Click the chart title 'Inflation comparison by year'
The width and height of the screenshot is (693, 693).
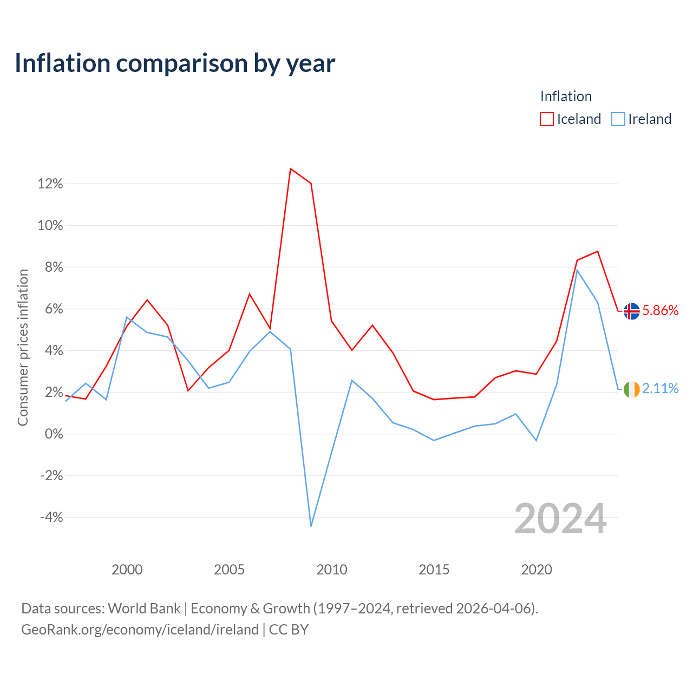pyautogui.click(x=175, y=63)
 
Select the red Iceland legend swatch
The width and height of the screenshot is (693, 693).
pyautogui.click(x=546, y=119)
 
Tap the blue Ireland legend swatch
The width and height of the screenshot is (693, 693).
pyautogui.click(x=618, y=119)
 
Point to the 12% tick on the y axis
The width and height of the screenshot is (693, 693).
pyautogui.click(x=50, y=184)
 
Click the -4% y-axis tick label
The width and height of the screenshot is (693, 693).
pyautogui.click(x=51, y=518)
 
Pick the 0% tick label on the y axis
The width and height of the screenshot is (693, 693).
pyautogui.click(x=54, y=434)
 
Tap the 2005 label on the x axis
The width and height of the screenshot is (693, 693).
pyautogui.click(x=229, y=570)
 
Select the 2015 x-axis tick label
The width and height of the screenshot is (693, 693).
pyautogui.click(x=434, y=570)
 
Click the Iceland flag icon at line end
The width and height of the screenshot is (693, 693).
pyautogui.click(x=631, y=311)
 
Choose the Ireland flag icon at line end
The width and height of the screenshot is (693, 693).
pyautogui.click(x=631, y=389)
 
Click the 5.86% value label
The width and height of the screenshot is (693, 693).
pyautogui.click(x=661, y=310)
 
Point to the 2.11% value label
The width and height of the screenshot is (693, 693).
pyautogui.click(x=661, y=388)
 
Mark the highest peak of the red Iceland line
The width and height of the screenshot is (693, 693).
pyautogui.click(x=290, y=169)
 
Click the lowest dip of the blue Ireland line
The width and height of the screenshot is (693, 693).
pyautogui.click(x=311, y=526)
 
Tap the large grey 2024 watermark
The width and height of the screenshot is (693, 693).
pyautogui.click(x=561, y=519)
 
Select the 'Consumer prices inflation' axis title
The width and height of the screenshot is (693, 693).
pyautogui.click(x=23, y=348)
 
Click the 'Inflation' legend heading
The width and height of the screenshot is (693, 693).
pyautogui.click(x=566, y=96)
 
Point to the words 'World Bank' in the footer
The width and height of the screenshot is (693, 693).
pyautogui.click(x=144, y=609)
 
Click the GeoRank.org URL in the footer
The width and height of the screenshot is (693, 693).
pyautogui.click(x=140, y=630)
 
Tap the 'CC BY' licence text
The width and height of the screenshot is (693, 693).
pyautogui.click(x=289, y=630)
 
